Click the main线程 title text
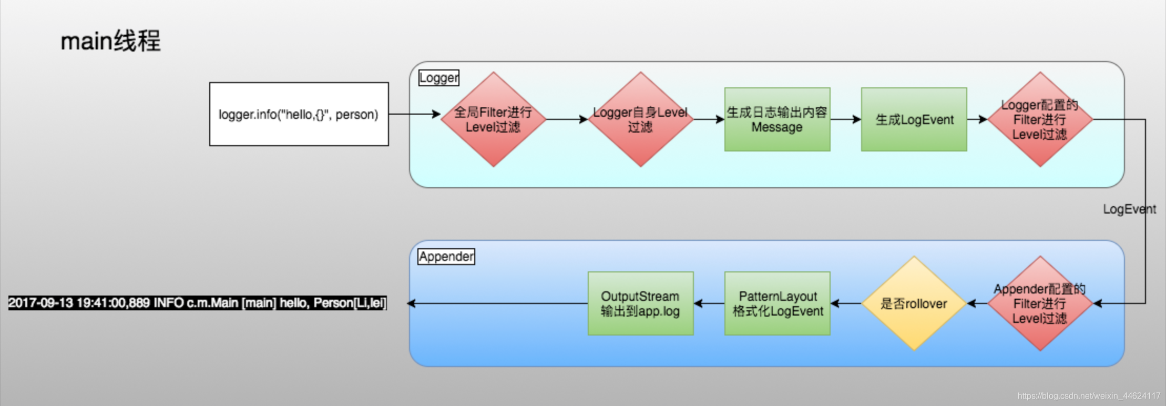coord(110,41)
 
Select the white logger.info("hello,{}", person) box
coord(299,114)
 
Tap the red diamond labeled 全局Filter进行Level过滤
coord(493,119)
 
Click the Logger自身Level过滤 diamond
coord(640,119)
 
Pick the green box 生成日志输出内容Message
coord(777,119)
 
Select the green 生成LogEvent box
coord(914,119)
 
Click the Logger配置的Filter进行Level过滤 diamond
coord(1040,119)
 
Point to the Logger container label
coord(439,78)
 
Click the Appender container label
coord(446,257)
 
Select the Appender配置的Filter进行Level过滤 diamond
coord(1040,303)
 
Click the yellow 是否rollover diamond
coord(914,303)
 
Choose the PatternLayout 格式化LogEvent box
coord(777,303)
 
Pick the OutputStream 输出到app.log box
coord(640,303)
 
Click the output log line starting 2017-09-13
coord(197,303)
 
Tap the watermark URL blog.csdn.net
coord(1088,396)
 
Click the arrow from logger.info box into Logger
coord(414,114)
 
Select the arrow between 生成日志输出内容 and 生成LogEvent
coord(845,119)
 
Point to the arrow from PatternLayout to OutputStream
coord(709,303)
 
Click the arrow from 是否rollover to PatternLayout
coord(845,303)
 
